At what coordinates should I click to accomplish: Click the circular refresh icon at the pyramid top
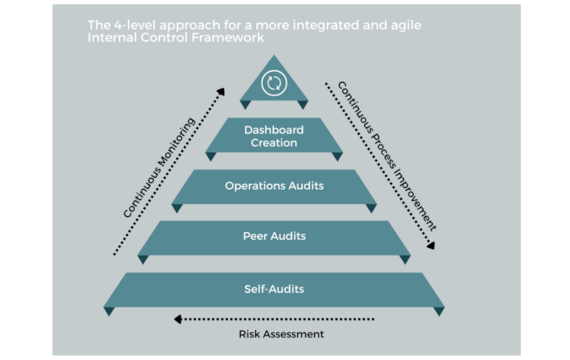tap(274, 83)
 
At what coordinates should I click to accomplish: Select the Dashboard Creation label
tap(274, 136)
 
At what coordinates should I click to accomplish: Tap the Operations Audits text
tap(274, 186)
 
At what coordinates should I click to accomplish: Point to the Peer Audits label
tap(274, 236)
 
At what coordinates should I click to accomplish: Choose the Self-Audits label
tap(274, 289)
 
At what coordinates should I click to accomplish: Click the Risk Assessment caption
tap(281, 334)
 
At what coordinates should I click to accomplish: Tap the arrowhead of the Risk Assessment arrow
tap(178, 319)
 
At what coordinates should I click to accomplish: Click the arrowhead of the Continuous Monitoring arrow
tap(221, 91)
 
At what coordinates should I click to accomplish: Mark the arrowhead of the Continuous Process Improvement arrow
tap(431, 245)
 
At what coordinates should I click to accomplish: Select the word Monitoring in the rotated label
tap(176, 144)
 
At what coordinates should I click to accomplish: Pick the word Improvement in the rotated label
tap(415, 199)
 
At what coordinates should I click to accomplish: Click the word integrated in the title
tap(325, 26)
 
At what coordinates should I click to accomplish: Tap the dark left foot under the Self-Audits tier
tap(109, 311)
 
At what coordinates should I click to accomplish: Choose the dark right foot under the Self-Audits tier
tap(439, 311)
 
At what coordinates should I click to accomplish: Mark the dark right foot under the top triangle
tap(303, 105)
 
